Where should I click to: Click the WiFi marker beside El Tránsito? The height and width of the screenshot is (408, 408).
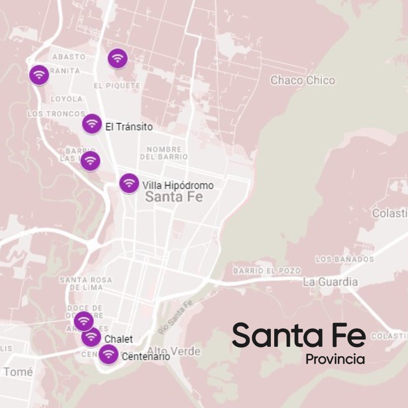(x=92, y=124)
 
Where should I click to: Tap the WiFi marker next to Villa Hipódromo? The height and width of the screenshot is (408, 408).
(x=129, y=183)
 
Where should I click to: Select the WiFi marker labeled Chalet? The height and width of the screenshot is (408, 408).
(x=91, y=337)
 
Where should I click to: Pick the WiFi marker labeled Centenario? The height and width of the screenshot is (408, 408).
(x=108, y=354)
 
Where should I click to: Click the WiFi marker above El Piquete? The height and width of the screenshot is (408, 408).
(x=117, y=59)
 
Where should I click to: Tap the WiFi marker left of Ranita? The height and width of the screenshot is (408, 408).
(x=39, y=75)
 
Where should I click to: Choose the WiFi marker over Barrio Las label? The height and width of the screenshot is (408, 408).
(x=90, y=161)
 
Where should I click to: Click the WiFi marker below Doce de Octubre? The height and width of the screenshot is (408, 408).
(x=83, y=321)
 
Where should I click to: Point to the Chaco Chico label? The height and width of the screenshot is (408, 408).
(x=303, y=80)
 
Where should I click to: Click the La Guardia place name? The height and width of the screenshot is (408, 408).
(x=330, y=282)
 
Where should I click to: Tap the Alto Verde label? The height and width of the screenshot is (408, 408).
(x=174, y=351)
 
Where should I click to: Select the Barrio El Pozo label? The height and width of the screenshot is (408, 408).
(x=267, y=271)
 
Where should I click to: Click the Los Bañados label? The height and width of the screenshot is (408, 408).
(x=345, y=259)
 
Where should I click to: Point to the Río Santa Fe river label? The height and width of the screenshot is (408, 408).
(x=175, y=317)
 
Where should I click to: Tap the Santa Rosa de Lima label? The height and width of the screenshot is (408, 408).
(x=86, y=283)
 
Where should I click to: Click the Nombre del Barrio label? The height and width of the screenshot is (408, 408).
(x=164, y=153)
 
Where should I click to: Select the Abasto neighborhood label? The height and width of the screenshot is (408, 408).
(x=69, y=57)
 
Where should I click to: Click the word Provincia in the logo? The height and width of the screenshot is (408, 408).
(x=335, y=359)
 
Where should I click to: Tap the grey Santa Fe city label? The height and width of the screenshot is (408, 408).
(x=174, y=197)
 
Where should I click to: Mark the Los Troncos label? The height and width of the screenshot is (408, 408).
(x=56, y=114)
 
